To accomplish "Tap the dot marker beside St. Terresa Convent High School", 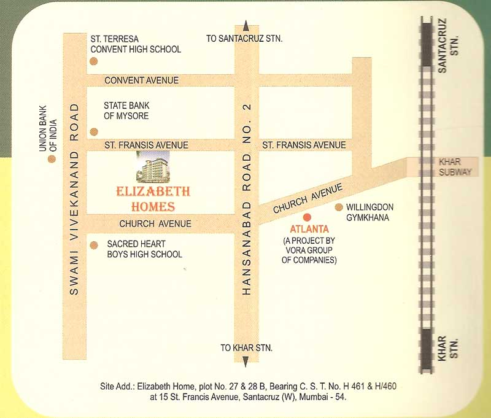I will tap(93, 61).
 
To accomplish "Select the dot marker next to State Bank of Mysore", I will tap(94, 131).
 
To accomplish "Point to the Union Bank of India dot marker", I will tap(52, 158).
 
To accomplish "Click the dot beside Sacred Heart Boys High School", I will tap(93, 246).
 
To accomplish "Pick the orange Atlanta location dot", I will tap(307, 217).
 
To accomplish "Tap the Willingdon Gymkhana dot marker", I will tap(338, 207).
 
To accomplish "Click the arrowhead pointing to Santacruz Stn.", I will tap(245, 25).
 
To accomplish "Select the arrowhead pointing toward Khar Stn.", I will tap(245, 362).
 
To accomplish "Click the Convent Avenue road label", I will tap(141, 80).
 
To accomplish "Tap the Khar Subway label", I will tap(455, 167).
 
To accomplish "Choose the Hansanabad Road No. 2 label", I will tap(247, 199).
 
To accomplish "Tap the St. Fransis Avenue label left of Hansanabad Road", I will tap(145, 145).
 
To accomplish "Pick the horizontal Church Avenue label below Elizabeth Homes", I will tap(155, 223).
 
